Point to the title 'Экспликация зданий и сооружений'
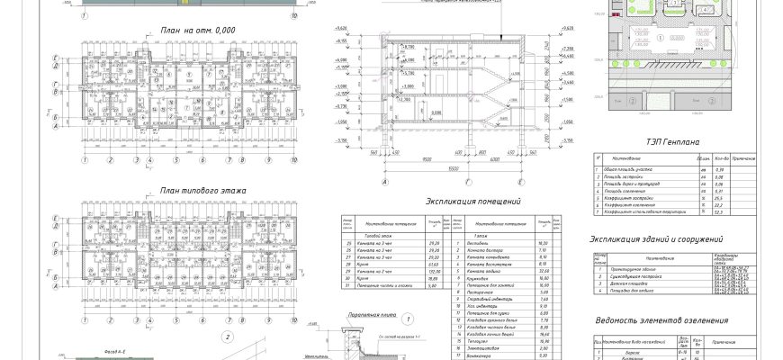tap(656, 239)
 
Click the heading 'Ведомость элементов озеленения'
tap(661, 320)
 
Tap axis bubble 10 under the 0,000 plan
tap(296, 160)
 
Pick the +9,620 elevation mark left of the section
tap(341, 41)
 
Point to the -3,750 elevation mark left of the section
tap(341, 141)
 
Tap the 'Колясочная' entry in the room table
tap(482, 279)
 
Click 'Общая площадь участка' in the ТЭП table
tap(634, 169)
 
